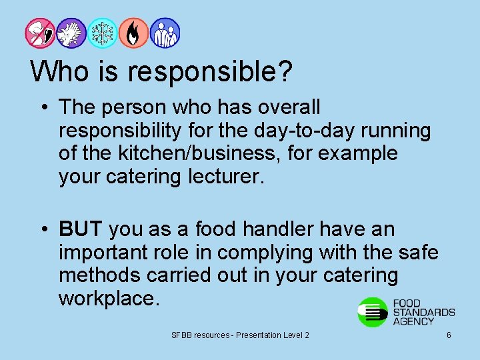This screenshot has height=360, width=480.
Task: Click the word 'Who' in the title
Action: point(55,71)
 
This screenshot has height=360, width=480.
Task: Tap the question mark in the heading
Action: point(285,71)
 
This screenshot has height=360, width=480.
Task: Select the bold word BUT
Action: point(80,230)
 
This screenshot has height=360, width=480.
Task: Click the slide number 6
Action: point(449,335)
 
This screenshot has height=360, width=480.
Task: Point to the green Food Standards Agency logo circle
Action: point(373,312)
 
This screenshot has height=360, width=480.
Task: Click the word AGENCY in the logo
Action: point(413,321)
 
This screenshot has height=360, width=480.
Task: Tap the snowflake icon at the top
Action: point(102,33)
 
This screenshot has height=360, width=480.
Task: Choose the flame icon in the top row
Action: point(133,33)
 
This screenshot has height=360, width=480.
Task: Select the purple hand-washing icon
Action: point(71,33)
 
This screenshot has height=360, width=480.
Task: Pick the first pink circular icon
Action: point(41,33)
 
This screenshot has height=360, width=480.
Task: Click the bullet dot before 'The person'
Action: point(45,107)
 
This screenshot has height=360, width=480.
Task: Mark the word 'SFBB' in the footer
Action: point(181,335)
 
